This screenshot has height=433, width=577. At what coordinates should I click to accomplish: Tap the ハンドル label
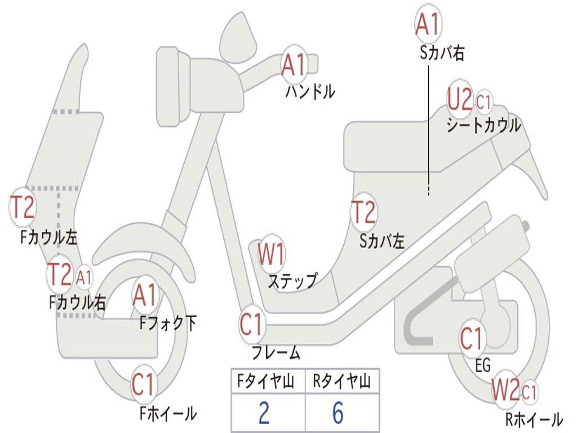click(x=310, y=91)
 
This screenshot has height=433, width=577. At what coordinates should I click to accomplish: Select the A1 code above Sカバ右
click(x=428, y=24)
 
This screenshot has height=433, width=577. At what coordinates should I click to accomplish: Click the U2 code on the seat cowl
click(x=459, y=99)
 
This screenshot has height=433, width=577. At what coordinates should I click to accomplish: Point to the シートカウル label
click(x=483, y=126)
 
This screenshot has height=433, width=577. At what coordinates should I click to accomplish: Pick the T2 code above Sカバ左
click(x=363, y=212)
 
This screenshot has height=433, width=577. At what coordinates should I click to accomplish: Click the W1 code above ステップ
click(x=271, y=254)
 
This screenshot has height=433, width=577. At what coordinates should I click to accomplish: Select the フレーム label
click(x=276, y=353)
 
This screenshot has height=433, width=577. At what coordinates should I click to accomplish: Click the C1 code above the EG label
click(x=472, y=339)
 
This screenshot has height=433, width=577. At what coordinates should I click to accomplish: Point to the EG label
click(x=483, y=365)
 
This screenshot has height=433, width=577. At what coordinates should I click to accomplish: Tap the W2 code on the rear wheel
click(x=505, y=390)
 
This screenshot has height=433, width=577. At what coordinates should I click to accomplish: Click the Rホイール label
click(x=534, y=419)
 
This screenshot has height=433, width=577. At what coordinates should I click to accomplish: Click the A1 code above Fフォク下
click(x=145, y=295)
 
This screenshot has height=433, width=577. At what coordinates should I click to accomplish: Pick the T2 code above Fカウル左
click(x=23, y=207)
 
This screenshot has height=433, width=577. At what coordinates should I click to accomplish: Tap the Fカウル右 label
click(x=77, y=303)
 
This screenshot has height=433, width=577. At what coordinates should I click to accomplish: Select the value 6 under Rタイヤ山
click(x=338, y=413)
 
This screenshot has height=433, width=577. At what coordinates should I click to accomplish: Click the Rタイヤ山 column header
click(x=342, y=381)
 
